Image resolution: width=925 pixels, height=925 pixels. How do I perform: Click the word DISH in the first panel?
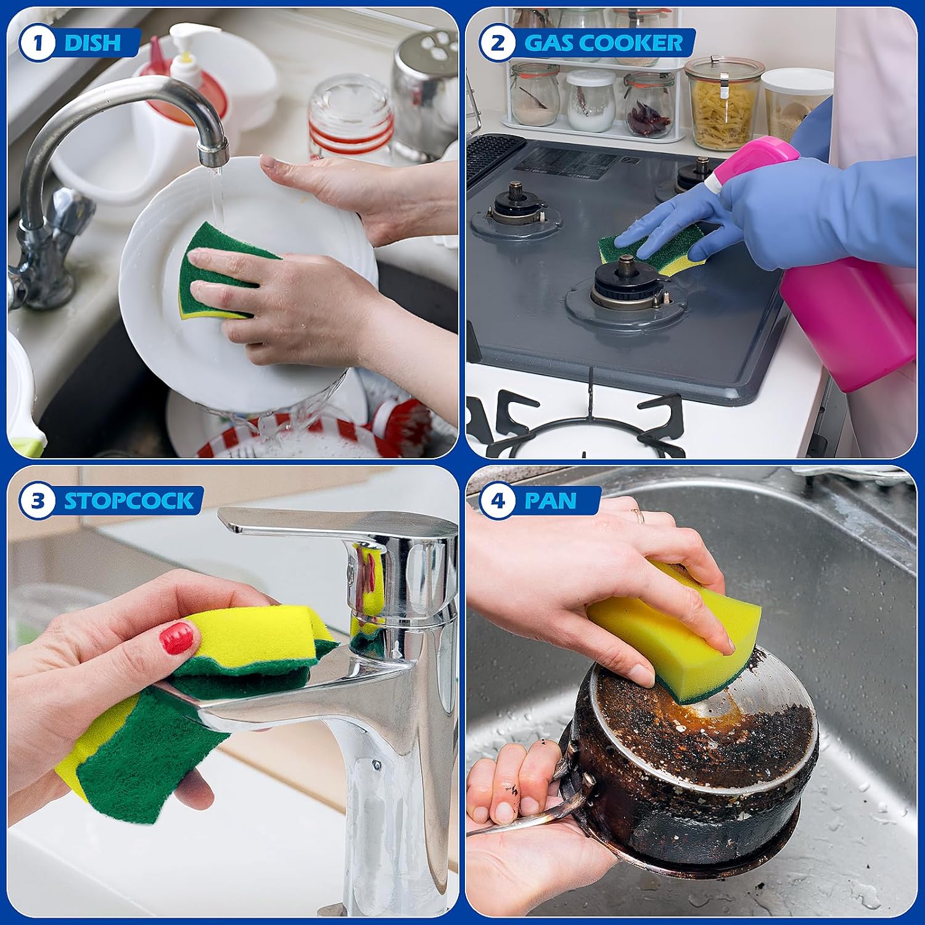coord(92,43)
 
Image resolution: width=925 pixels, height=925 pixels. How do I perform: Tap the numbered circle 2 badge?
coord(497,43)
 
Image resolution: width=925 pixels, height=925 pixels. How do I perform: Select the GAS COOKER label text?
coord(603,43)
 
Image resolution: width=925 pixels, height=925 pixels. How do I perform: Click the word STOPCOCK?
coord(129,500)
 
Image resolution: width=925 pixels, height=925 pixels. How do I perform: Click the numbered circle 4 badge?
coord(497,500)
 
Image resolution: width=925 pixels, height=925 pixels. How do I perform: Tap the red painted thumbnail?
coord(176,638)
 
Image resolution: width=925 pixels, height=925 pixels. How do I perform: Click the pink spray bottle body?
coord(848,321)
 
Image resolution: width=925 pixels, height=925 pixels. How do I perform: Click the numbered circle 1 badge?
coord(38,43)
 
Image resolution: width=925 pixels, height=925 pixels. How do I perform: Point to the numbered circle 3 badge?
coord(38,500)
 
